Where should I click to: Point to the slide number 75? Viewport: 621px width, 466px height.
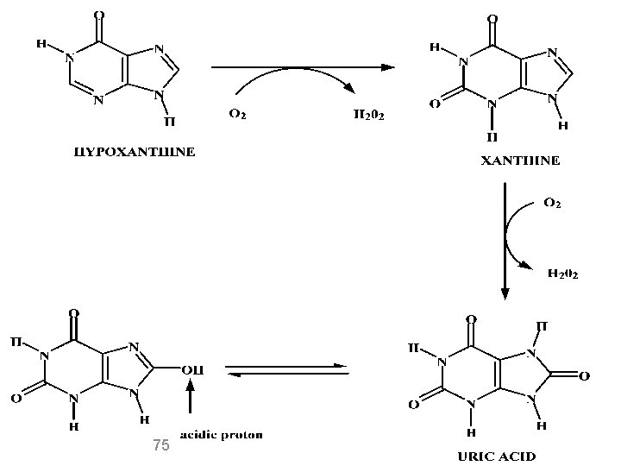(160, 445)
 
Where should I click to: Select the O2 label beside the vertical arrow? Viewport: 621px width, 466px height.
(552, 204)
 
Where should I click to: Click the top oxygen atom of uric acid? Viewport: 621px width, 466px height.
(471, 318)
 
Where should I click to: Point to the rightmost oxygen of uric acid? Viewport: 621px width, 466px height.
(585, 376)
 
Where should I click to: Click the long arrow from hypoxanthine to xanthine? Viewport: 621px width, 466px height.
(302, 66)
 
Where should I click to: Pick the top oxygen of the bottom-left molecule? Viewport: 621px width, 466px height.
(74, 313)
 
